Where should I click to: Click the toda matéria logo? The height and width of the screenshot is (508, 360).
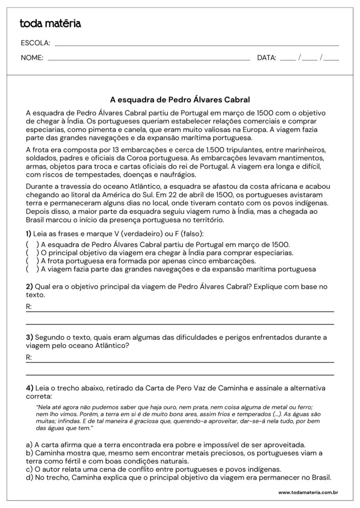pos(50,24)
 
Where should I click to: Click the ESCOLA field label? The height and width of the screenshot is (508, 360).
pos(35,43)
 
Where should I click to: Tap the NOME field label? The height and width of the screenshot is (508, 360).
pos(32,58)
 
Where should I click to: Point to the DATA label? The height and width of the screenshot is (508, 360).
pos(266,58)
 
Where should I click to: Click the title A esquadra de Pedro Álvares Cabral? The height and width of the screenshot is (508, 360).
pos(180,99)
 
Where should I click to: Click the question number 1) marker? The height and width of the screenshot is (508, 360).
pos(28,233)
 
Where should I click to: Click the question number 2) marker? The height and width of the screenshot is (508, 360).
pos(29,287)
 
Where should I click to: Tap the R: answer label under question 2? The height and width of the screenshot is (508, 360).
pos(29,306)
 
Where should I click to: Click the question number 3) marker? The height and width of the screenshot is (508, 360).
pos(29,337)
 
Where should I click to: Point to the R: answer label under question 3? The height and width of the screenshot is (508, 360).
pos(29,357)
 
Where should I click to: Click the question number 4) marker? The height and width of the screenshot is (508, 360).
pos(29,388)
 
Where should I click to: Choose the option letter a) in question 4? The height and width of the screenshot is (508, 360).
pos(29,444)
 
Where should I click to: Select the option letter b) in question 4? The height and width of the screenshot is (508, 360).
pos(29,453)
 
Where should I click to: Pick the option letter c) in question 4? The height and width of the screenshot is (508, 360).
pos(29,469)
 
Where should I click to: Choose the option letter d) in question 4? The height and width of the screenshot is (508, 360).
pos(29,478)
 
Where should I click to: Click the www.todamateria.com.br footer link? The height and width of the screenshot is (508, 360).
pos(307,493)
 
